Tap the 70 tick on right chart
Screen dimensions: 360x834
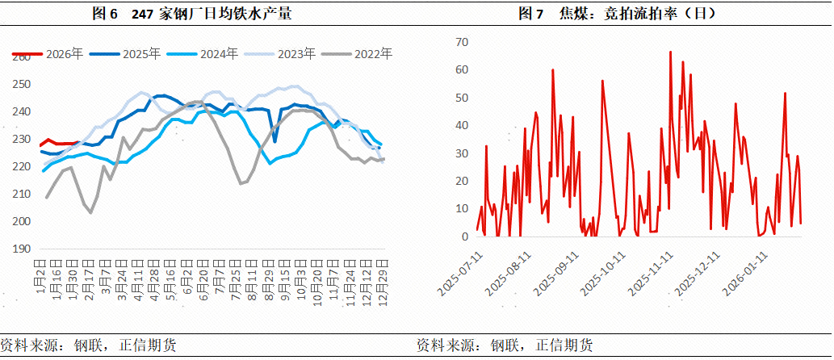(462, 42)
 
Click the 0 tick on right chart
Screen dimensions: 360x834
(465, 237)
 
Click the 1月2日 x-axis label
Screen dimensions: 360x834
(41, 274)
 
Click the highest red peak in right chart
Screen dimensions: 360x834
(671, 52)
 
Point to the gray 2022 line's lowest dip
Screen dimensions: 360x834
(90, 212)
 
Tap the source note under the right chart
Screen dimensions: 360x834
(505, 345)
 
